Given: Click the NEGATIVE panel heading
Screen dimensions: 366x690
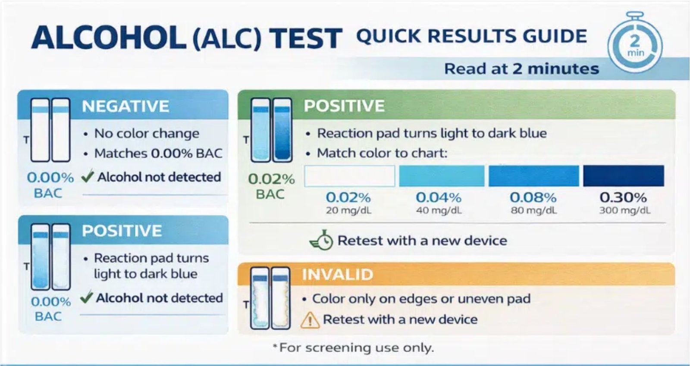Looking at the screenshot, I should click(125, 106).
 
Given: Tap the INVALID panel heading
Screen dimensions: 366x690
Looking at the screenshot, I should click(337, 274).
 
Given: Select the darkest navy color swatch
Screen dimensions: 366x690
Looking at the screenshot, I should click(623, 176).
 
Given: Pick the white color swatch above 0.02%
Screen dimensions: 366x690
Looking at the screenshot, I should click(349, 176).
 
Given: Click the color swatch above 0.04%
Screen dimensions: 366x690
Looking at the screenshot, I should click(442, 176).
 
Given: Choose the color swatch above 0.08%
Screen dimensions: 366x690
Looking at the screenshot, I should click(533, 176).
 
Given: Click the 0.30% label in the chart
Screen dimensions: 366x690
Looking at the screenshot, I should click(623, 197).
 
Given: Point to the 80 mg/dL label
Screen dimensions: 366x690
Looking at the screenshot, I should click(533, 210).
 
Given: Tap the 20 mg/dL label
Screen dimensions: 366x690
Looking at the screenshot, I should click(348, 210).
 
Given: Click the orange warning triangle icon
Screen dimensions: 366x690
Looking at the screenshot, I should click(310, 320).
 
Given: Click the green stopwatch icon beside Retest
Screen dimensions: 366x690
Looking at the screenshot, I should click(322, 240).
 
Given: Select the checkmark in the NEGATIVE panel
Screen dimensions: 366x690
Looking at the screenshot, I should click(88, 176).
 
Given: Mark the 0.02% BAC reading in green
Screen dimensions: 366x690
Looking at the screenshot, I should click(271, 179).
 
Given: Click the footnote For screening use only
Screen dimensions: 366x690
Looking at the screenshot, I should click(354, 347).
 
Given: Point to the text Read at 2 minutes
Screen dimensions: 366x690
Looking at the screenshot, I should click(521, 69).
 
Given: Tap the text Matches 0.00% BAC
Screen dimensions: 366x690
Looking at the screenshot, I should click(158, 153).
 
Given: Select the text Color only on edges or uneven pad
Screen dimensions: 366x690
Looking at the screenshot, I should click(421, 298).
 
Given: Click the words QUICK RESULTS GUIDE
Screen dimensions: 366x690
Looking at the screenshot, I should click(471, 36).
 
